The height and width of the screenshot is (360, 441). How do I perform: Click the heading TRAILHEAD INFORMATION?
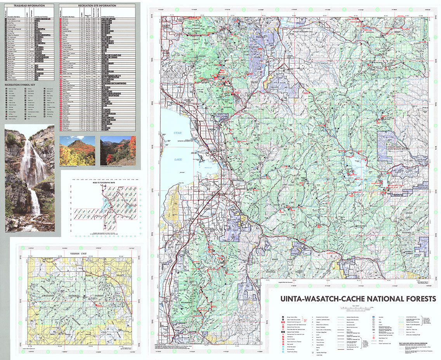[29, 6]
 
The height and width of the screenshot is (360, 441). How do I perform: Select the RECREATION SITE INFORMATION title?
[97, 6]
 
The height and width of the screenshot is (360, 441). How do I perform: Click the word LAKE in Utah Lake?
[178, 159]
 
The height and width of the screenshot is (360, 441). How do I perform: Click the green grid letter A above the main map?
[177, 9]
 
